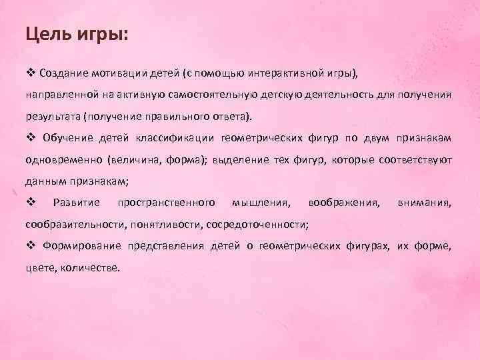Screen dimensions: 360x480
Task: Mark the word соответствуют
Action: click(x=415, y=160)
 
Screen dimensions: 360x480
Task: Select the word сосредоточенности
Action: click(x=257, y=225)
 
